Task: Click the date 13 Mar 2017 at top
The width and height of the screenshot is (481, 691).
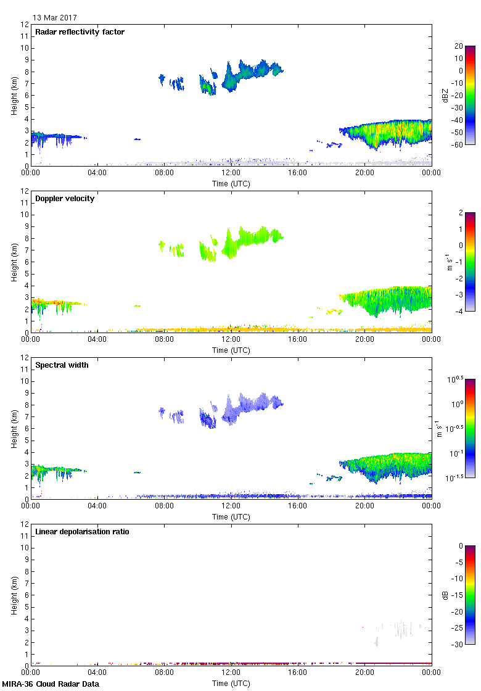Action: coord(55,18)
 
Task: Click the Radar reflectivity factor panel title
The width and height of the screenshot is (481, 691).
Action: coord(80,32)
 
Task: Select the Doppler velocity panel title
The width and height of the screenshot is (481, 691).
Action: coord(65,199)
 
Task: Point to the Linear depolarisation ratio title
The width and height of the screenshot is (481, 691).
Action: coord(82,532)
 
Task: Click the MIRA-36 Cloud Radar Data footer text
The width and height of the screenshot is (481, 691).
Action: coord(51,684)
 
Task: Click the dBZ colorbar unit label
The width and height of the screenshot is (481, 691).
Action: coord(443,95)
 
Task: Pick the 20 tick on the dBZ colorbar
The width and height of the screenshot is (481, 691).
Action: coord(458,46)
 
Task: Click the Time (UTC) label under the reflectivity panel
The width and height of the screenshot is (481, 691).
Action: coord(231,184)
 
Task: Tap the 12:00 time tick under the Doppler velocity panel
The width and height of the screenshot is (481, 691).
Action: coord(231,339)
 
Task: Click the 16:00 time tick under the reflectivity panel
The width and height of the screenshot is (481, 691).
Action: coord(298,173)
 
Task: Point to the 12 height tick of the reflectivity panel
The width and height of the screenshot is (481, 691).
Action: coord(25,25)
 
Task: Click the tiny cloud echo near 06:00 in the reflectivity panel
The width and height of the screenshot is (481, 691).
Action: coord(138,139)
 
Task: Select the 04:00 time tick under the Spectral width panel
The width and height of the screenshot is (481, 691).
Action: coord(97,506)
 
